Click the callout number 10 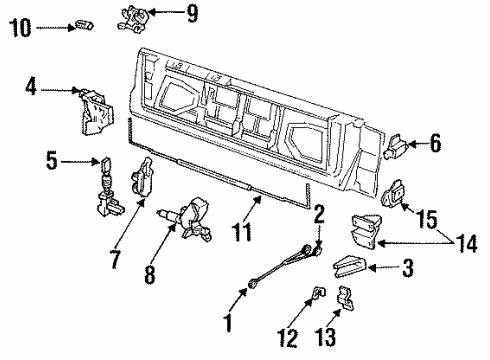[19, 27]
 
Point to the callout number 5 [52, 159]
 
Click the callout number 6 [435, 145]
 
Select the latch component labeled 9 [139, 16]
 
